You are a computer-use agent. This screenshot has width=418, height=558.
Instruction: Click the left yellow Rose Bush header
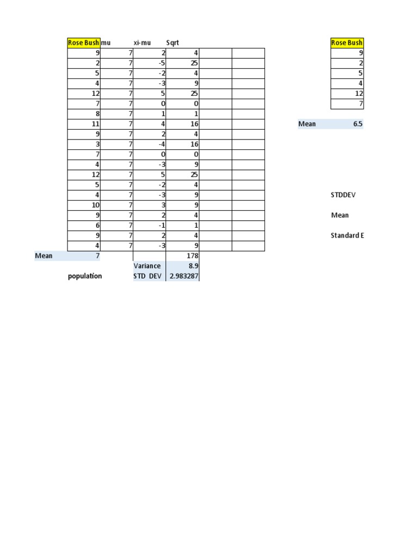click(83, 43)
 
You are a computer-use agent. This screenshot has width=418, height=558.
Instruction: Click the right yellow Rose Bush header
click(347, 43)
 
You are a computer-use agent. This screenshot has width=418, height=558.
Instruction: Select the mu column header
click(106, 43)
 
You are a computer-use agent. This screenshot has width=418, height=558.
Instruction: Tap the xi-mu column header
click(142, 43)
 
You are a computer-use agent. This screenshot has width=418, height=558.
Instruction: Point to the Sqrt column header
click(173, 43)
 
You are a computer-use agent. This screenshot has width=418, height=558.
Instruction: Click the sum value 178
click(192, 256)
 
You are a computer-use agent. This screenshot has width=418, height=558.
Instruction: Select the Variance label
click(147, 266)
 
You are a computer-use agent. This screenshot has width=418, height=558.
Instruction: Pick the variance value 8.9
click(193, 266)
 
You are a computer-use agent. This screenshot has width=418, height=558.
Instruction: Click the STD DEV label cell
click(147, 276)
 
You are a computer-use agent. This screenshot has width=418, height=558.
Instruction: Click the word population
click(85, 276)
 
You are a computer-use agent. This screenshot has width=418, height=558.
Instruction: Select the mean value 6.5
click(358, 124)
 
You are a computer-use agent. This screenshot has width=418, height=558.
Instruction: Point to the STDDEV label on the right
click(343, 195)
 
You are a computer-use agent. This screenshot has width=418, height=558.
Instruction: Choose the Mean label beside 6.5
click(307, 124)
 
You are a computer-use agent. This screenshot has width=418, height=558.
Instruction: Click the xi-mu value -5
click(162, 63)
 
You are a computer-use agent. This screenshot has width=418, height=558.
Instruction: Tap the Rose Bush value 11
click(95, 124)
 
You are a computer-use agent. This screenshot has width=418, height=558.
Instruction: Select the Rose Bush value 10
click(95, 205)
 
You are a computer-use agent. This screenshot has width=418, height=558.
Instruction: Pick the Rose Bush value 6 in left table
click(97, 225)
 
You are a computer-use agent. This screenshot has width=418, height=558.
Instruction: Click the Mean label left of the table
click(44, 256)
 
